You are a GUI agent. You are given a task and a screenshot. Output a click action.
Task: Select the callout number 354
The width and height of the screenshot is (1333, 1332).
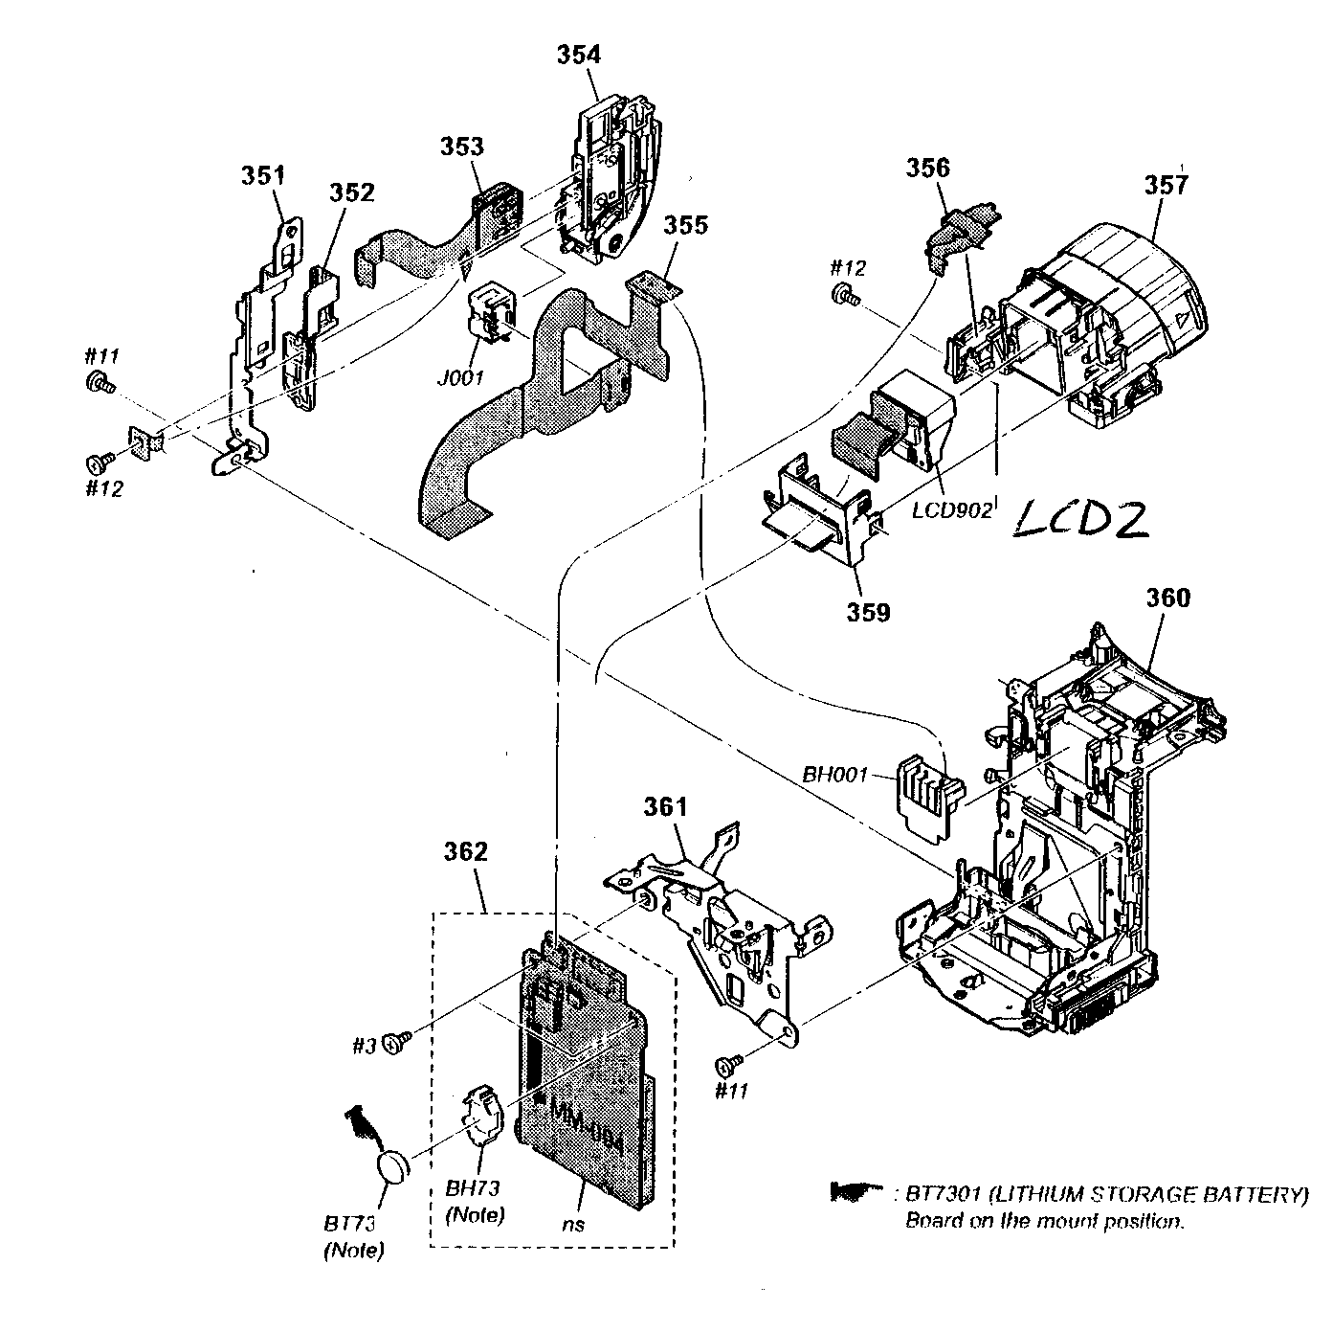(x=579, y=55)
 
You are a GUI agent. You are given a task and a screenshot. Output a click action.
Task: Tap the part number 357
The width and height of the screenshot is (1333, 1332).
(x=1166, y=184)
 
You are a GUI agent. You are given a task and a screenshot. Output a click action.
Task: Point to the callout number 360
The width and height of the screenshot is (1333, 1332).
(x=1167, y=598)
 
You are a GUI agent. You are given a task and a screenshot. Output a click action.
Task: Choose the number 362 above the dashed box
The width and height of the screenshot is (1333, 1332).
(x=466, y=851)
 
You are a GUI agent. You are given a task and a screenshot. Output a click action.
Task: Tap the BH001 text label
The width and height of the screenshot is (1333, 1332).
(x=833, y=774)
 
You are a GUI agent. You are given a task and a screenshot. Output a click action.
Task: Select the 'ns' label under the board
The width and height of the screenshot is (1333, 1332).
(x=573, y=1223)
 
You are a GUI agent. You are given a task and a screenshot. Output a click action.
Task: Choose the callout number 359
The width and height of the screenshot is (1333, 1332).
(x=866, y=611)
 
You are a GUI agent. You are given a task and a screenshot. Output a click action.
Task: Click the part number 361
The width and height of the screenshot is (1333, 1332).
(x=665, y=807)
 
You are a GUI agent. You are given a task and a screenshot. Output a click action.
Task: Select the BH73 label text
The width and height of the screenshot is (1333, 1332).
(x=475, y=1188)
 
